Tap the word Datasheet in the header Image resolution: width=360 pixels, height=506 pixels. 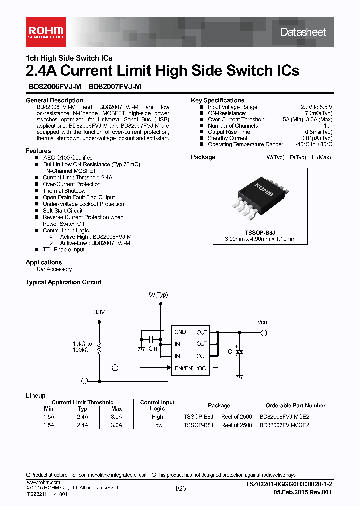(x=303, y=32)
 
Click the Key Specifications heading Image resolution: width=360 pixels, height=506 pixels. (x=217, y=100)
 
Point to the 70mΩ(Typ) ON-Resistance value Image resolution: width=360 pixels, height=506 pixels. (x=318, y=113)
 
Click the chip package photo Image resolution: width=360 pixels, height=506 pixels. (x=262, y=197)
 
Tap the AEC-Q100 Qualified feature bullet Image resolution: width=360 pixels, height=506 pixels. (x=67, y=158)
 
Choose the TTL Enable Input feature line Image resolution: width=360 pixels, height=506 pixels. (x=63, y=249)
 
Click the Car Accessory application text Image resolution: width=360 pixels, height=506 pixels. (x=54, y=269)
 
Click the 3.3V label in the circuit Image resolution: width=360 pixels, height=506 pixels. (x=99, y=312)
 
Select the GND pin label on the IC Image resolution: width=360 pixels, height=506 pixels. (x=180, y=332)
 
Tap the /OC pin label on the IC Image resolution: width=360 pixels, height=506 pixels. (x=201, y=368)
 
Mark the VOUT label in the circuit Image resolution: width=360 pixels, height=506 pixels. (x=263, y=322)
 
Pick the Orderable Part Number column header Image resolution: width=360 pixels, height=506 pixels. (x=295, y=405)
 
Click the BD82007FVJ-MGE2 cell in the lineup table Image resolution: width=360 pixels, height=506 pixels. (x=284, y=425)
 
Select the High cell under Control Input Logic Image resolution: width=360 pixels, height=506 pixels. (x=157, y=416)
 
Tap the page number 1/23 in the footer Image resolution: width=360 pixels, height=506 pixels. (x=180, y=488)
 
